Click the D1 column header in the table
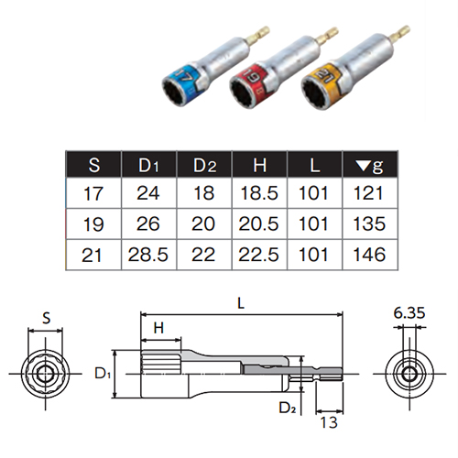[x=148, y=165]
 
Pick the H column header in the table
[x=260, y=165]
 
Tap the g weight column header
[x=370, y=166]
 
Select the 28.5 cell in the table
[x=148, y=255]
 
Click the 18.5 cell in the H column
[x=259, y=193]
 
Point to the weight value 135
[x=369, y=224]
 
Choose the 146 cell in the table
[x=369, y=255]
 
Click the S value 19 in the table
[x=93, y=224]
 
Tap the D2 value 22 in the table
[x=203, y=255]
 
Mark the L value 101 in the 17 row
[x=314, y=193]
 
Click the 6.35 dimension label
[x=409, y=313]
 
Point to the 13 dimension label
[x=329, y=422]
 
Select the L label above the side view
[x=241, y=303]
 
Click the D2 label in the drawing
[x=288, y=408]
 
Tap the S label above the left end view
[x=46, y=318]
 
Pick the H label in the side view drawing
[x=159, y=328]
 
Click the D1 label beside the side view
[x=103, y=374]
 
